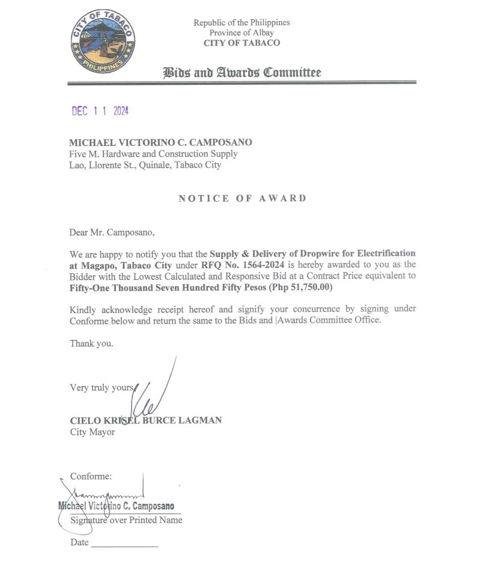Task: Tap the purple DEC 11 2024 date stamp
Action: pyautogui.click(x=100, y=111)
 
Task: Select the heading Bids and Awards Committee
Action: pyautogui.click(x=242, y=73)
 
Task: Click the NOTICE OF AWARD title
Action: pyautogui.click(x=242, y=198)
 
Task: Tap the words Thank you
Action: pyautogui.click(x=91, y=344)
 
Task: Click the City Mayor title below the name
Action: pyautogui.click(x=93, y=432)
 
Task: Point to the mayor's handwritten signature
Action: pyautogui.click(x=155, y=396)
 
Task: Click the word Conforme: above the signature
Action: pyautogui.click(x=91, y=476)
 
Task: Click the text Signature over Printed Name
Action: pyautogui.click(x=126, y=520)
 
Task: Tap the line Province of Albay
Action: pyautogui.click(x=242, y=32)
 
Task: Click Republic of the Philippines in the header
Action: pyautogui.click(x=242, y=22)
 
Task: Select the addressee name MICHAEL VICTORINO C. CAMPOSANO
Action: pyautogui.click(x=160, y=142)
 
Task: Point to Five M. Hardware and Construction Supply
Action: pyautogui.click(x=153, y=154)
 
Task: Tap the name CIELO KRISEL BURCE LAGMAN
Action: pyautogui.click(x=145, y=420)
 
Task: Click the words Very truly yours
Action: pyautogui.click(x=101, y=387)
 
